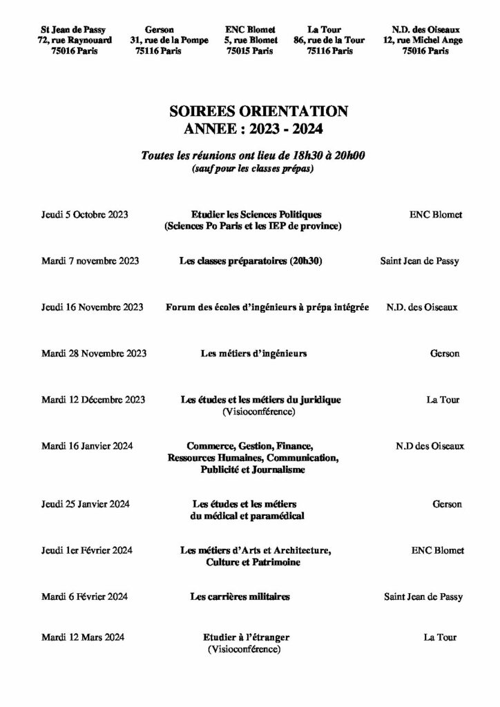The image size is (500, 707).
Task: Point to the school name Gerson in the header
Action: pos(160,30)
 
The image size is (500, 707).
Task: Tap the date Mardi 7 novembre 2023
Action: pos(90,261)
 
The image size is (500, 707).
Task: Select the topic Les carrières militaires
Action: pos(240,596)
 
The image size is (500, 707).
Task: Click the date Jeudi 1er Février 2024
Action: pos(87,550)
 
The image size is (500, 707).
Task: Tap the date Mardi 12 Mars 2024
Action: pos(81,637)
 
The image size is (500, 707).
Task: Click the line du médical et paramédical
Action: pos(247,515)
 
